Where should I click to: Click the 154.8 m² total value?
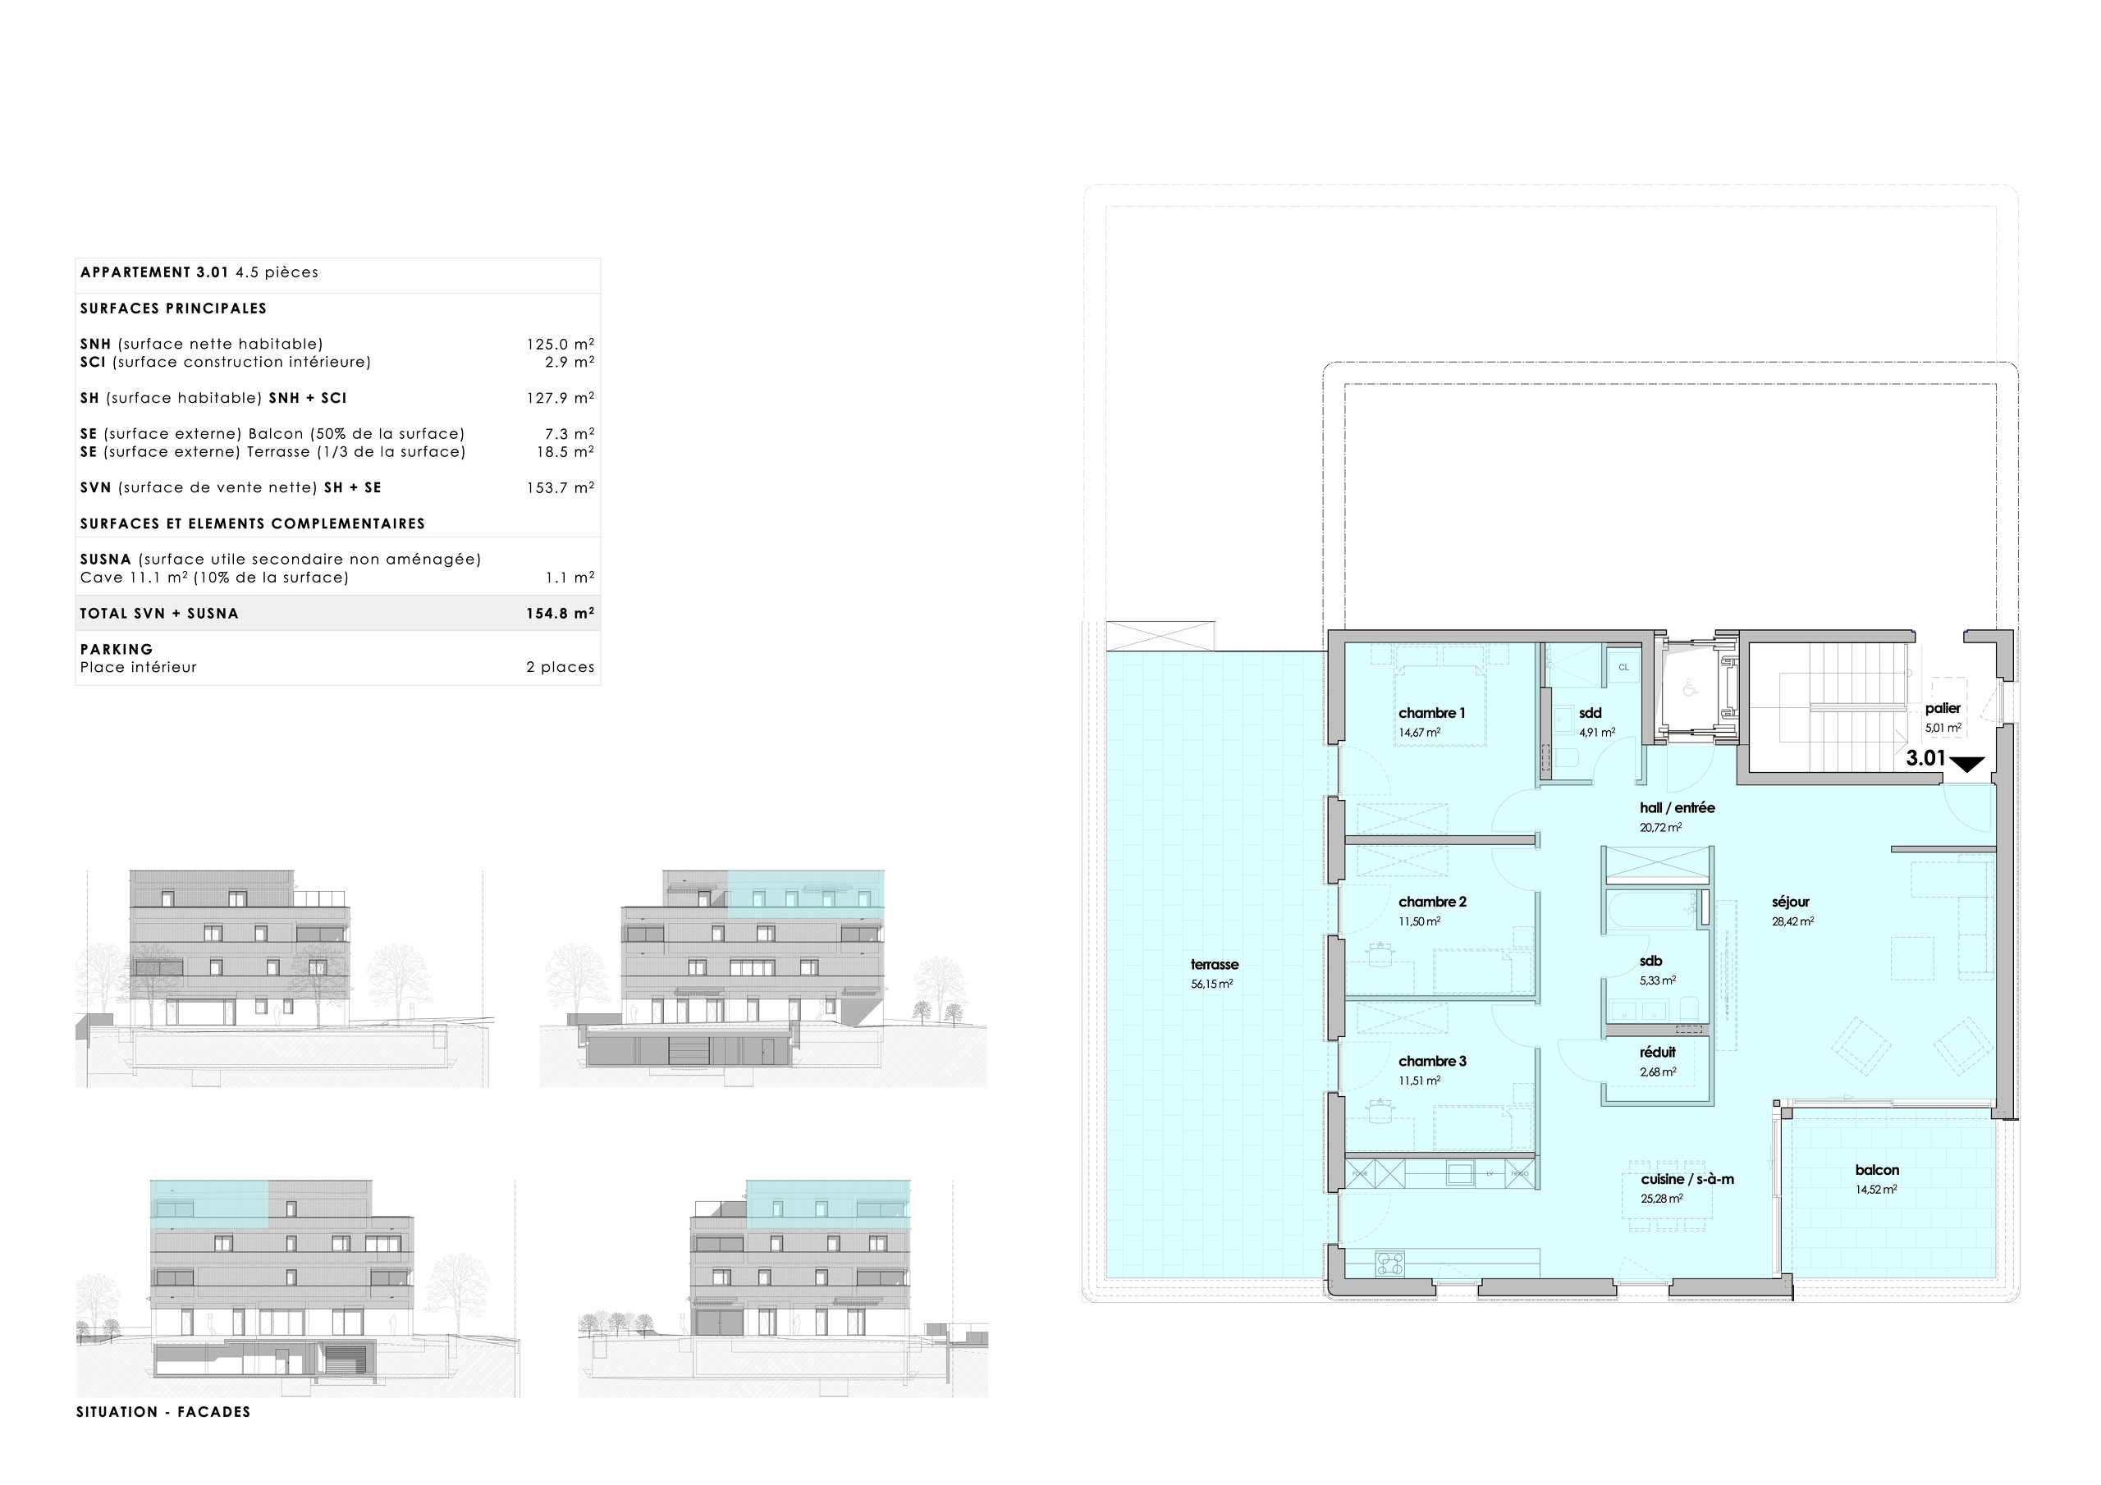pyautogui.click(x=559, y=613)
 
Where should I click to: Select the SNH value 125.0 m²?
pyautogui.click(x=559, y=344)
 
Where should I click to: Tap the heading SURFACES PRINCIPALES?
pyautogui.click(x=173, y=308)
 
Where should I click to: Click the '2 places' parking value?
pyautogui.click(x=559, y=667)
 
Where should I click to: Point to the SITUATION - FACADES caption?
pyautogui.click(x=162, y=1412)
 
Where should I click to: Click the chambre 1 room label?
pyautogui.click(x=1431, y=713)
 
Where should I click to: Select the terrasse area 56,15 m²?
pyautogui.click(x=1211, y=985)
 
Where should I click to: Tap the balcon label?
pyautogui.click(x=1877, y=1169)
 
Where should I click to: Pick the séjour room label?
pyautogui.click(x=1791, y=901)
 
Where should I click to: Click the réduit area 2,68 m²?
pyautogui.click(x=1657, y=1071)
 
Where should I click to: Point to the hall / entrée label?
pyautogui.click(x=1677, y=808)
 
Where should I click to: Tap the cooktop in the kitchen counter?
pyautogui.click(x=1390, y=1264)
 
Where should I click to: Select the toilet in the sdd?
pyautogui.click(x=1568, y=756)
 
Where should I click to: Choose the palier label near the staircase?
pyautogui.click(x=1942, y=708)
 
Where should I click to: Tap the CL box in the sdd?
pyautogui.click(x=1623, y=667)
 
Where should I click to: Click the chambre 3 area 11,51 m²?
pyautogui.click(x=1419, y=1081)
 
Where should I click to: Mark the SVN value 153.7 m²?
pyautogui.click(x=559, y=487)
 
